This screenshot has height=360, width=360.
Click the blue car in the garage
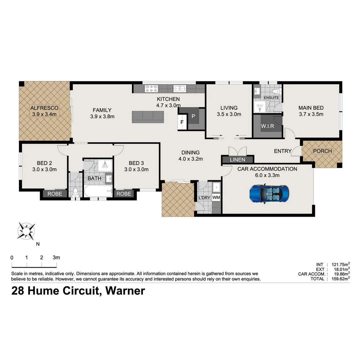coord(269,194)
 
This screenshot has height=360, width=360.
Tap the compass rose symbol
coord(26,231)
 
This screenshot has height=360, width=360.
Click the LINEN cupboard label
coord(238,160)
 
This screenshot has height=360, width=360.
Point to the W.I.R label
coord(267,127)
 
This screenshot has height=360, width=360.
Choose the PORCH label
coord(322,151)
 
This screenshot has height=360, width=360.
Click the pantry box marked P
coord(193,116)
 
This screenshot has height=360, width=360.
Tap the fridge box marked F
coord(182,122)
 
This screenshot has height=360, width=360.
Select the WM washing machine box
coord(216,198)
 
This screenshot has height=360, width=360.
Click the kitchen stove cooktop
coord(151,88)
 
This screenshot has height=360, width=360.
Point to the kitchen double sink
coord(180,88)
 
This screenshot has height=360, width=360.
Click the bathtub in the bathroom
coord(98,191)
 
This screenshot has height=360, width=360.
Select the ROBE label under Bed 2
coord(55,194)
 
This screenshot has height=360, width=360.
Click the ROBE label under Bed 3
coord(124,194)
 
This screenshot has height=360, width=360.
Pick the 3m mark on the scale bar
coord(56,258)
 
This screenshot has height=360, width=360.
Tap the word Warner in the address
coord(125,291)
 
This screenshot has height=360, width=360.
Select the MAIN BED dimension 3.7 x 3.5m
coord(311,114)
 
